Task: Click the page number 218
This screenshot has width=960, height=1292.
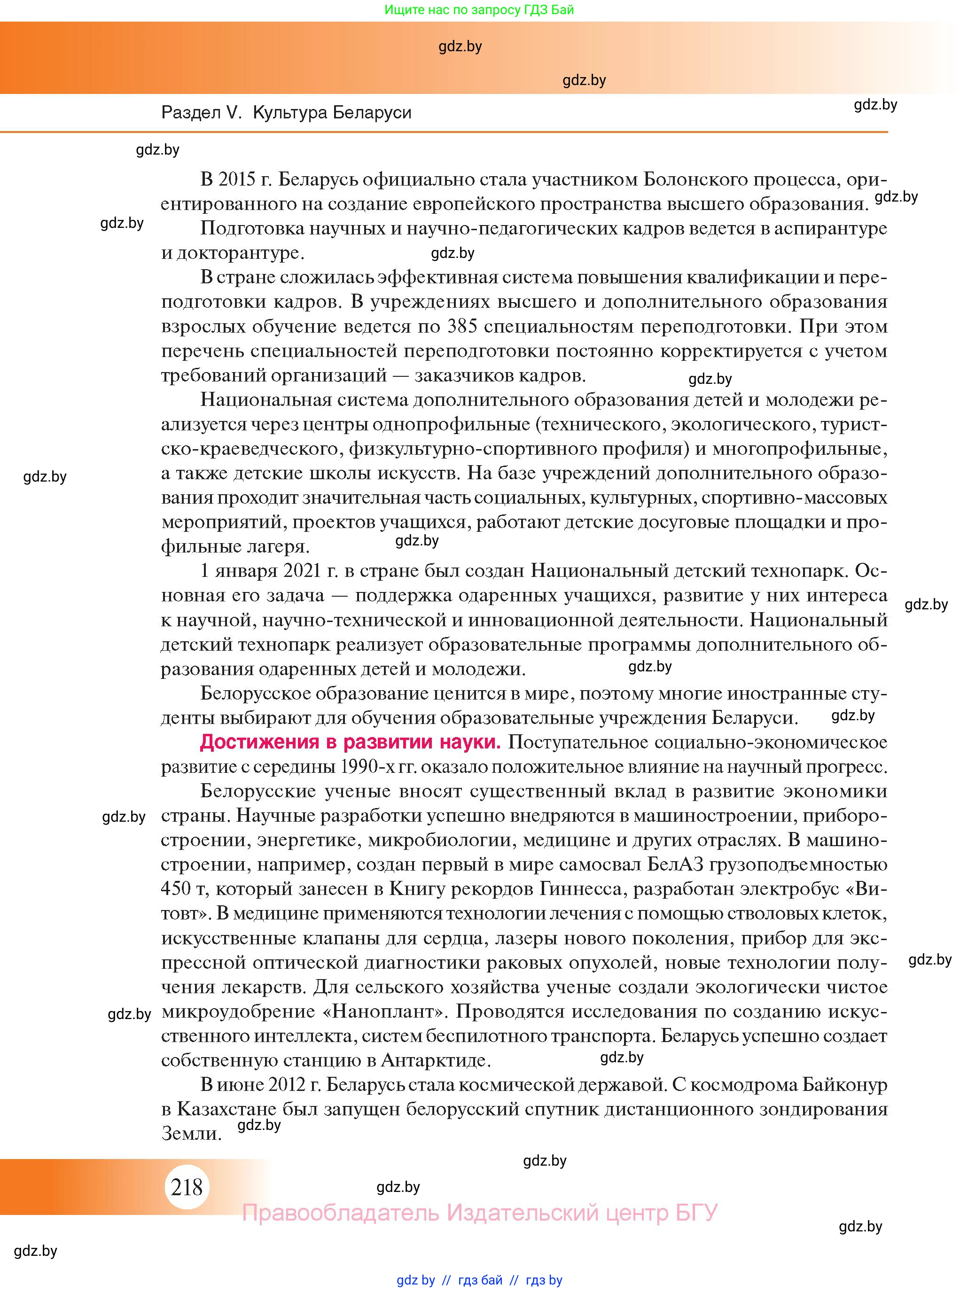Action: (x=187, y=1187)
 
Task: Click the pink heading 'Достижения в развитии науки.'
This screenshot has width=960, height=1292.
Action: (x=350, y=742)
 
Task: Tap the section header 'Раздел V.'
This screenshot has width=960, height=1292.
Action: (x=201, y=112)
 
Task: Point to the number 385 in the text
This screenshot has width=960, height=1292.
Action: (x=462, y=326)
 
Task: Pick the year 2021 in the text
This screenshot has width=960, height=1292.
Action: (x=301, y=570)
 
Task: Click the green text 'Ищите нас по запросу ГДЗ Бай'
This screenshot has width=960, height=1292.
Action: (x=479, y=10)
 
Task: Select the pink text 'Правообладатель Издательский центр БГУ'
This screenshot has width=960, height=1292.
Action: (x=479, y=1213)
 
